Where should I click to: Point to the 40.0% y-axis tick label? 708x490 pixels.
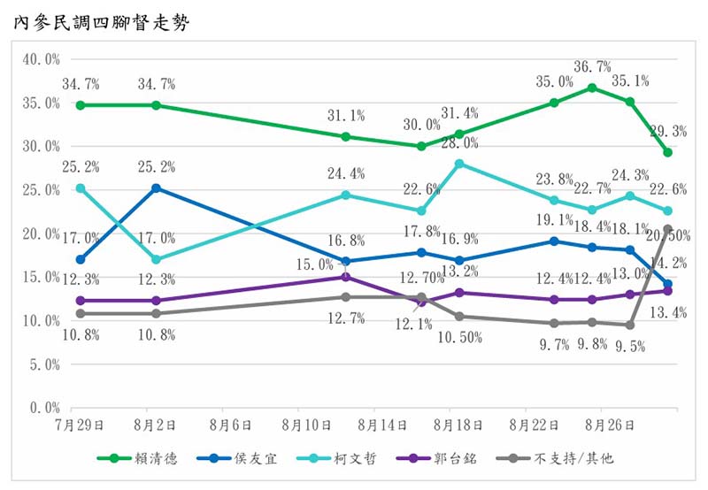pyautogui.click(x=41, y=59)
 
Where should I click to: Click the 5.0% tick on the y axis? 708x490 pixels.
pyautogui.click(x=43, y=364)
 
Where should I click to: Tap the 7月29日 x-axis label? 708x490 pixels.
pyautogui.click(x=79, y=425)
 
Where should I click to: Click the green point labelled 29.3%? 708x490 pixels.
pyautogui.click(x=667, y=152)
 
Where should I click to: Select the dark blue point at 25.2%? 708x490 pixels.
pyautogui.click(x=156, y=188)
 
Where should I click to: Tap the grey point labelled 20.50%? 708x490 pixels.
pyautogui.click(x=667, y=229)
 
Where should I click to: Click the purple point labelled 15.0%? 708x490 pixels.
pyautogui.click(x=346, y=277)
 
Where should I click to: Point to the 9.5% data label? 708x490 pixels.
pyautogui.click(x=630, y=345)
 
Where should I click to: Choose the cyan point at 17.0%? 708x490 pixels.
pyautogui.click(x=156, y=259)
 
